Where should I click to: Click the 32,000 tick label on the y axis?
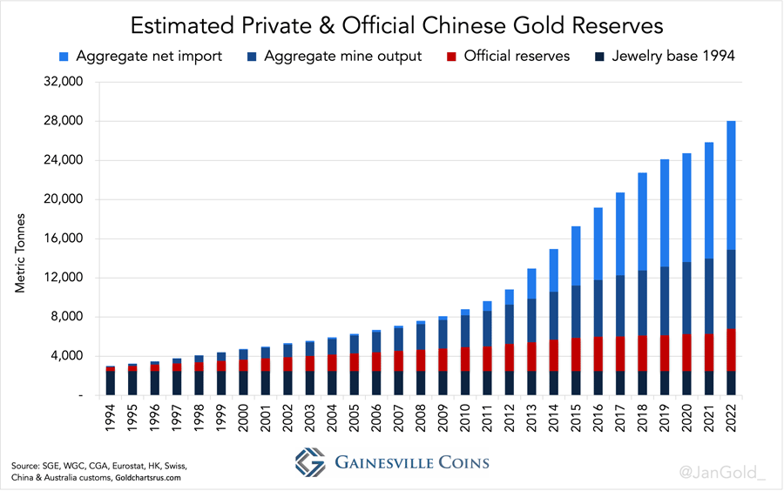(x=61, y=82)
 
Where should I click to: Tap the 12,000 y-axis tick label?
(x=61, y=278)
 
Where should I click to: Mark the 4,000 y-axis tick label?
(x=64, y=356)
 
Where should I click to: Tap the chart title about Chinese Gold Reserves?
(x=392, y=22)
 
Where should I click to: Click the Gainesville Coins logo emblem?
(x=310, y=461)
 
